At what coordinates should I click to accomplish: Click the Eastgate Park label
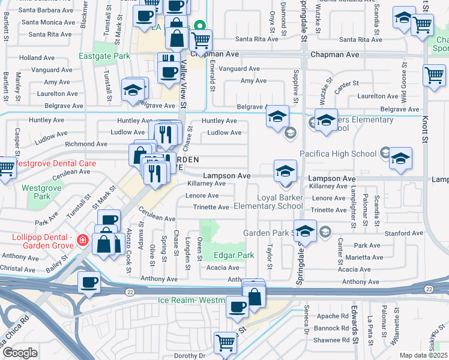104,56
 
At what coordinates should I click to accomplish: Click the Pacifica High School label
338,154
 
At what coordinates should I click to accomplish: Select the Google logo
20,353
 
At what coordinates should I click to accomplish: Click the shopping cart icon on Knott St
434,76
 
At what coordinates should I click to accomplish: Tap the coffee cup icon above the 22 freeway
89,283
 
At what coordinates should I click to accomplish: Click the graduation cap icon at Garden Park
306,232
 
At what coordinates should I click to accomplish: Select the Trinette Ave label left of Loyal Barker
211,208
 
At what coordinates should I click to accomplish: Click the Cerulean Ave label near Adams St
157,214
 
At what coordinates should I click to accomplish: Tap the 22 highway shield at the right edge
428,289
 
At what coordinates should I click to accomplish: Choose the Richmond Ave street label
86,144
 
